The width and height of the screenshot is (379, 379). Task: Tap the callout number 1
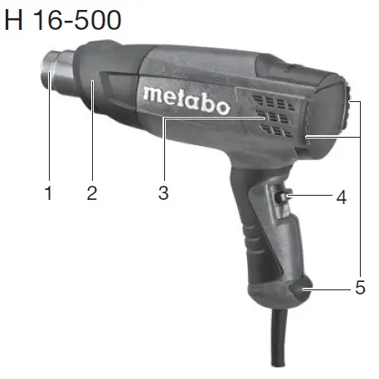point(49,194)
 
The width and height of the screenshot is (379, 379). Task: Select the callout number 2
point(92,194)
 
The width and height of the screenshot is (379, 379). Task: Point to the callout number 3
point(163,194)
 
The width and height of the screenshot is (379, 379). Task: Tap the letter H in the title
point(13,19)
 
